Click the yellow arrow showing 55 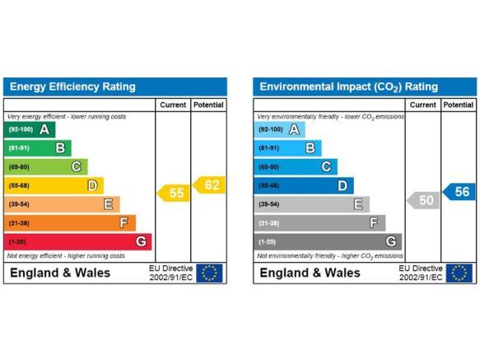tap(174, 193)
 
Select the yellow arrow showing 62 tap(209, 185)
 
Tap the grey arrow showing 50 tap(423, 200)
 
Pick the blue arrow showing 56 tap(459, 192)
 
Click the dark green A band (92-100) tap(30, 129)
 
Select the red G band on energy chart tap(77, 241)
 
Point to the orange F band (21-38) tap(70, 223)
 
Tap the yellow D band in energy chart tap(54, 185)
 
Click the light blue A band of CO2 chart tap(279, 129)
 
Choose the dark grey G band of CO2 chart tap(328, 241)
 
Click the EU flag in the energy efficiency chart tap(209, 273)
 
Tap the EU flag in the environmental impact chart tap(459, 273)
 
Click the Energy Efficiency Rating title tap(72, 86)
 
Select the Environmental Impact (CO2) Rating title tap(348, 87)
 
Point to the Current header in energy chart tap(173, 105)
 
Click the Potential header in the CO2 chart tap(459, 105)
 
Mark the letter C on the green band tap(77, 167)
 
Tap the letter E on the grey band tap(358, 204)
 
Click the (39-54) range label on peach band tap(19, 204)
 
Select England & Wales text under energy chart tap(60, 273)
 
